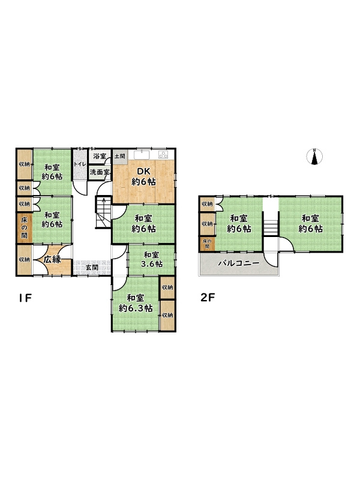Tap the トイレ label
80,164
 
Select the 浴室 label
100,156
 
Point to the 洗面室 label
100,172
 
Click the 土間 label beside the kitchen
120,156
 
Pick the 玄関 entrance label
92,267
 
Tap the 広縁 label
52,260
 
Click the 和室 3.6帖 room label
151,259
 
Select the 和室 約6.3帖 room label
136,303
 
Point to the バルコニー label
239,263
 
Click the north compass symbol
314,157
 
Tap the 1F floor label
25,298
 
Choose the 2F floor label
208,298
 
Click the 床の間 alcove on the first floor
24,228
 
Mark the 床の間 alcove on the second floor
207,244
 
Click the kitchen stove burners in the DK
163,155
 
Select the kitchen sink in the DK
142,155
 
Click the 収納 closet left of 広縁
24,260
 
